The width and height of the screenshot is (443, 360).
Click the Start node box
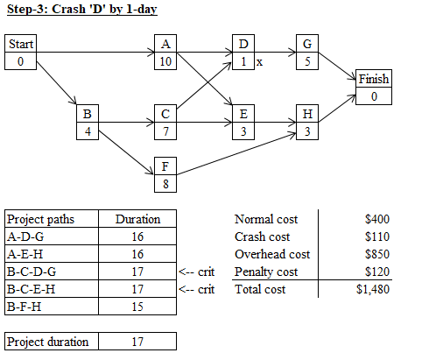point(20,53)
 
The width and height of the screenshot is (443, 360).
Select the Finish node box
point(374,87)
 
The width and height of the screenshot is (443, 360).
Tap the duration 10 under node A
point(165,61)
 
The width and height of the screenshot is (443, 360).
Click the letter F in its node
point(165,166)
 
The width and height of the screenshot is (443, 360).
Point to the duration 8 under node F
point(165,184)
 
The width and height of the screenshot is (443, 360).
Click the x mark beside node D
point(259,62)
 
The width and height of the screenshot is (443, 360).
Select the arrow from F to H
point(236,154)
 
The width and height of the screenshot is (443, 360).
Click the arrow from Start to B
point(56,82)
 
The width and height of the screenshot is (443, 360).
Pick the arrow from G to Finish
point(337,66)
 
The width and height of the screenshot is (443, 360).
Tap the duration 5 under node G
point(307,61)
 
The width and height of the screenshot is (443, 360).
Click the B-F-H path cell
point(52,307)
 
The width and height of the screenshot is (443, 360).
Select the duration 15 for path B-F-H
point(137,307)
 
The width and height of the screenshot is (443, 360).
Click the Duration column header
point(137,219)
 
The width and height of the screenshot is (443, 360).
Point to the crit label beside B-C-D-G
point(206,272)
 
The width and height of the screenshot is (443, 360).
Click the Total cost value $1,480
point(373,289)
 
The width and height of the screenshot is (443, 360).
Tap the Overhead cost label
point(272,254)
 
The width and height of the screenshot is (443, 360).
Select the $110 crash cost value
point(377,236)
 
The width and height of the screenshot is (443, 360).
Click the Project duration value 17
point(137,342)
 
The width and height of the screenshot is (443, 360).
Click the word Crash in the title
point(68,9)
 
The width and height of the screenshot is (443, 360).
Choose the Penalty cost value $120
point(377,272)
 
